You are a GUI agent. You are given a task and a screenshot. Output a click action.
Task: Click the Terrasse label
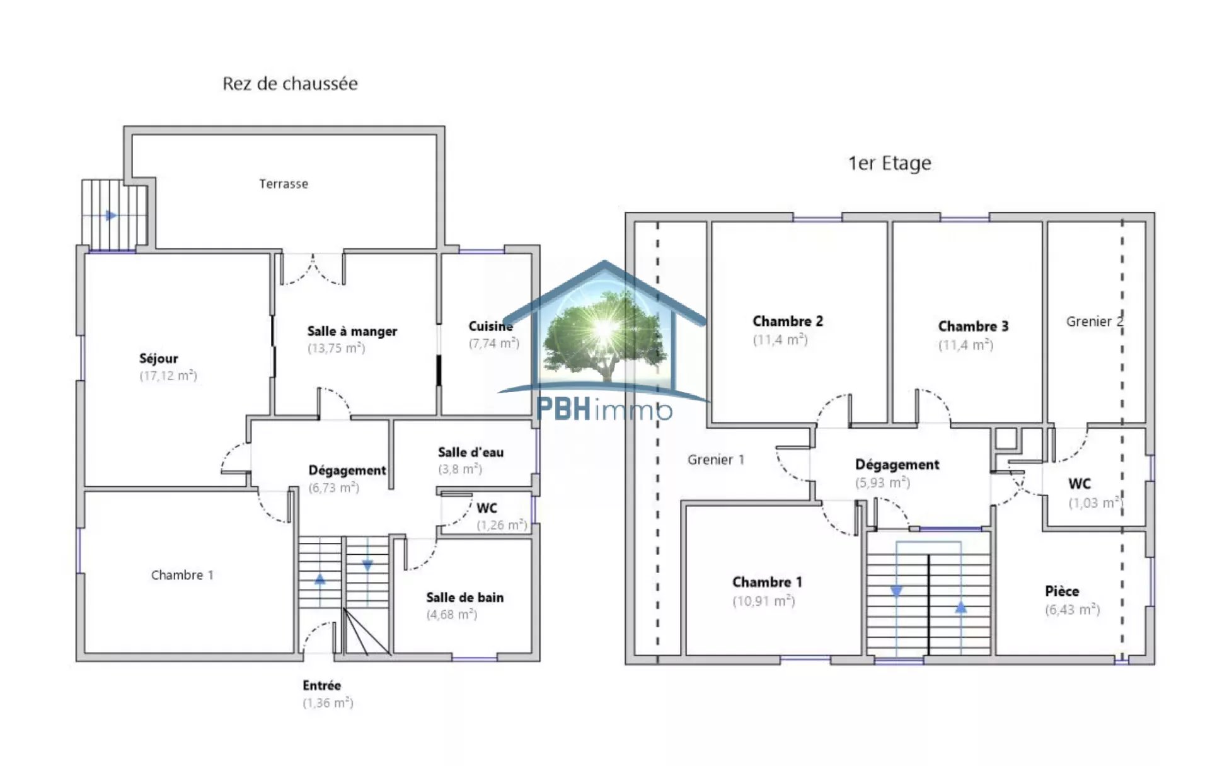point(284,184)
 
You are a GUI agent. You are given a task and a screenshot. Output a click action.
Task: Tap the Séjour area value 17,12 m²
point(168,376)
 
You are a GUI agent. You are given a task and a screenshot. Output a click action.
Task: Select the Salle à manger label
point(352,332)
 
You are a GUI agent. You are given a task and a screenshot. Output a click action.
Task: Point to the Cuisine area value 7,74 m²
point(494,343)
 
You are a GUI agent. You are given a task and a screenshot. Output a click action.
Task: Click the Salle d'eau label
point(471,452)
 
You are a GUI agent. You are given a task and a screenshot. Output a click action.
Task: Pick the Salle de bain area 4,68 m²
point(452,615)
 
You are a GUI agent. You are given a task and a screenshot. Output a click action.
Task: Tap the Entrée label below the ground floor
point(321,685)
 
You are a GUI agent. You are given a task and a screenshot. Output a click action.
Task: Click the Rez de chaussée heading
point(290,84)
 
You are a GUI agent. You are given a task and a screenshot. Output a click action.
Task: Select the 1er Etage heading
point(889,163)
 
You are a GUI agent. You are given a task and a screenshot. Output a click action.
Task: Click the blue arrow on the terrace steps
point(112,216)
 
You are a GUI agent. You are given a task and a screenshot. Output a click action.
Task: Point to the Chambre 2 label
point(788,321)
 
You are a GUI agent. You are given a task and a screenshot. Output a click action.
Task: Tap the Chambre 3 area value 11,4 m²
point(966,345)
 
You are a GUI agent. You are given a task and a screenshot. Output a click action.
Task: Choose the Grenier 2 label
point(1095,322)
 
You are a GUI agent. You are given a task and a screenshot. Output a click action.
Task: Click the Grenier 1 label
point(716,460)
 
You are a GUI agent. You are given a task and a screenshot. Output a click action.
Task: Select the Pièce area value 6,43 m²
point(1073,610)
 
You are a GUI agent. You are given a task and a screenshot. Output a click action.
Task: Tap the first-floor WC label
point(1080,484)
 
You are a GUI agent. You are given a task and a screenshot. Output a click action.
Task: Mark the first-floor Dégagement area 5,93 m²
point(883,483)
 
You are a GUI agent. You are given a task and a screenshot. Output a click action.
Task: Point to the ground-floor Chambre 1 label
point(182,575)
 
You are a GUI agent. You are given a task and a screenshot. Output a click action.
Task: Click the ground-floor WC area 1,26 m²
point(502,525)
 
